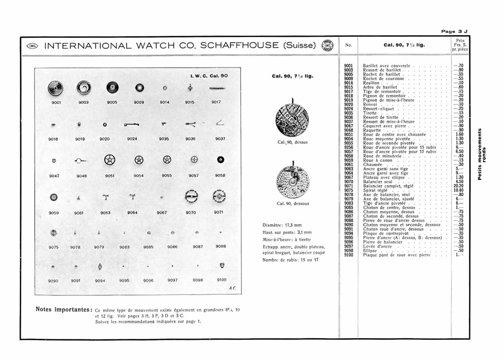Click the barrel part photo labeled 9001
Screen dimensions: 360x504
pos(55,88)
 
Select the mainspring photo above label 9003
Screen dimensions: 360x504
pos(84,88)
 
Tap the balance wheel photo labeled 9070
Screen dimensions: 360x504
pos(191,197)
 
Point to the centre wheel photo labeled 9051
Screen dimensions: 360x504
pos(110,160)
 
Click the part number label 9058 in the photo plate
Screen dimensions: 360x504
pos(220,176)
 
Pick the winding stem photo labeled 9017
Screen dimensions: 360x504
pos(217,88)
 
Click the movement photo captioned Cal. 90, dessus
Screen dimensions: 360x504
pos(292,119)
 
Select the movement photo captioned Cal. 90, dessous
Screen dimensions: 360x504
pos(293,182)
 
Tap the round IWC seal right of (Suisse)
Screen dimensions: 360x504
pos(327,46)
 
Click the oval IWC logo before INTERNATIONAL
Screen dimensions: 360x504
pos(32,46)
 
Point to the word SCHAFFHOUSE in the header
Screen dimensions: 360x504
pos(239,45)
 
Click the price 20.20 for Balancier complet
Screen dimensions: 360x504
pos(459,186)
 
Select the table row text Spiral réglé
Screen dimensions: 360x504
pos(375,190)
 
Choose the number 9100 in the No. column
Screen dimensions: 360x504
pos(348,255)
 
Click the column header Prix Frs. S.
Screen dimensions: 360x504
pos(460,45)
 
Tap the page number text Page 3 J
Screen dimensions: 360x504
pos(454,31)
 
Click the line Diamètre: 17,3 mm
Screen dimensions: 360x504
pos(282,225)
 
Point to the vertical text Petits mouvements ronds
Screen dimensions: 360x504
pos(482,154)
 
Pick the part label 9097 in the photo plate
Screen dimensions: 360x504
pos(172,280)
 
